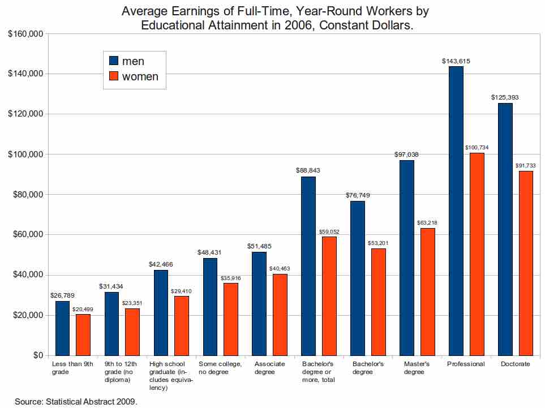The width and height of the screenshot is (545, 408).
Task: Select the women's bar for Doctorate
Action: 526,263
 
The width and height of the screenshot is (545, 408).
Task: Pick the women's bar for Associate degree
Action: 280,314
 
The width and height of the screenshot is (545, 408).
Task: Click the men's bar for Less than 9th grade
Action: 62,328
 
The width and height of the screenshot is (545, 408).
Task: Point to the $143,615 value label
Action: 456,61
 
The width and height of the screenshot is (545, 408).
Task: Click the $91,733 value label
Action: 526,165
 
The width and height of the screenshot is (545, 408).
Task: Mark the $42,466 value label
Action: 161,264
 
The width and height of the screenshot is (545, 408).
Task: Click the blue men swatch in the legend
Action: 113,61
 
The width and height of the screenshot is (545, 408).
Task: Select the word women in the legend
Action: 140,76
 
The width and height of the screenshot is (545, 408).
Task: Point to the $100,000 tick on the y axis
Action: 26,154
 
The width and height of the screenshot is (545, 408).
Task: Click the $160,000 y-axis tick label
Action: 26,34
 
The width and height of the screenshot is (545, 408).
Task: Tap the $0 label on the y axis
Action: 37,355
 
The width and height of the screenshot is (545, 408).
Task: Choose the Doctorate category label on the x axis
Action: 516,364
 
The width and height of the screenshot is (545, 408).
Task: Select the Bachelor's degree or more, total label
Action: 319,372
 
